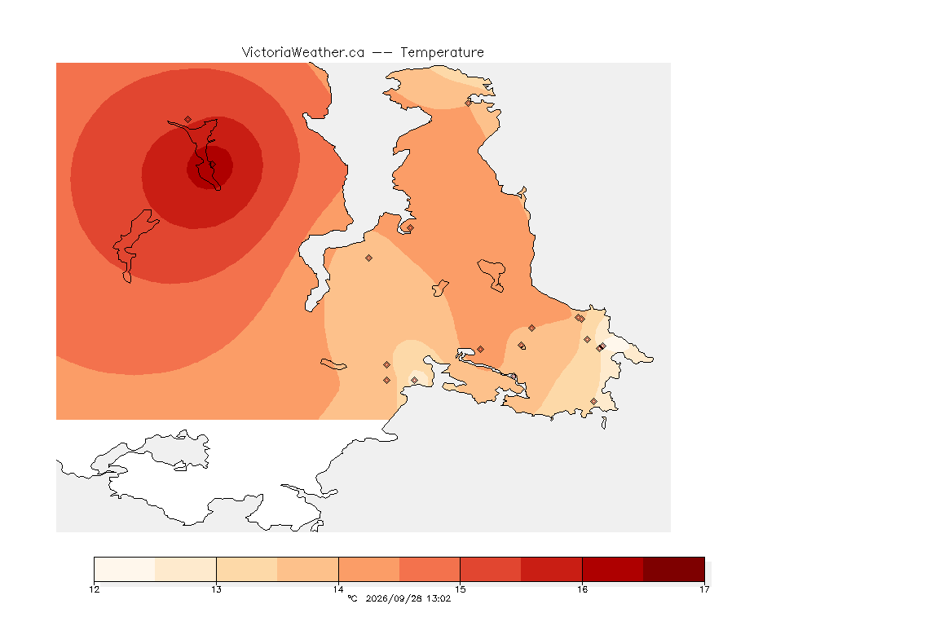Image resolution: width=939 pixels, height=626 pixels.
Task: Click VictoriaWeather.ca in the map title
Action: (303, 53)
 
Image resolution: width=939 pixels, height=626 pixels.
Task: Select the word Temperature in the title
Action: (442, 53)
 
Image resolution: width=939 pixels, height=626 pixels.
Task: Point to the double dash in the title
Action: (382, 53)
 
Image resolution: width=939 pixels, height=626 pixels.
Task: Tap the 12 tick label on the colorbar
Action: (94, 589)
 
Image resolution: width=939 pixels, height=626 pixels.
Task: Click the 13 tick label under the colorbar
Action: (216, 589)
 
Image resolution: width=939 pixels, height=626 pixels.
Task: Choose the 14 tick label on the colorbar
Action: (338, 589)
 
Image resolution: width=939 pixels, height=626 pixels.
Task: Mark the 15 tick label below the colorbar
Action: (460, 589)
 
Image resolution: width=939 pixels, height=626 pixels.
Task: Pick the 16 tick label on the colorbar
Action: (582, 589)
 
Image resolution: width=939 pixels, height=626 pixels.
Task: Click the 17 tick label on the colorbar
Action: (704, 589)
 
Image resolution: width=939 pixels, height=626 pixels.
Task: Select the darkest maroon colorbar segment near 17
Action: (674, 569)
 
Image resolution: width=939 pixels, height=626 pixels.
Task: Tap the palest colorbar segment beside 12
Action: (125, 569)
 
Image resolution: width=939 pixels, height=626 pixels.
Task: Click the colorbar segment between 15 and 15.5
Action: (491, 569)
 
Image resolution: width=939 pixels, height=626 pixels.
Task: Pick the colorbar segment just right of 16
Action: (613, 569)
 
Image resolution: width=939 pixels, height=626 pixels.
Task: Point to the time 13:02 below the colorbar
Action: (439, 598)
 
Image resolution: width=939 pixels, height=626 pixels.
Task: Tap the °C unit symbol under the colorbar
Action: (352, 598)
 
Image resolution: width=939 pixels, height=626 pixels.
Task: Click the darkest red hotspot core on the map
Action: (209, 168)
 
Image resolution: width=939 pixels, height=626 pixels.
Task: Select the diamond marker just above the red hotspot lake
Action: (188, 120)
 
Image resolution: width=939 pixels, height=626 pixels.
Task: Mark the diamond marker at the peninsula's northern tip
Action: (469, 103)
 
